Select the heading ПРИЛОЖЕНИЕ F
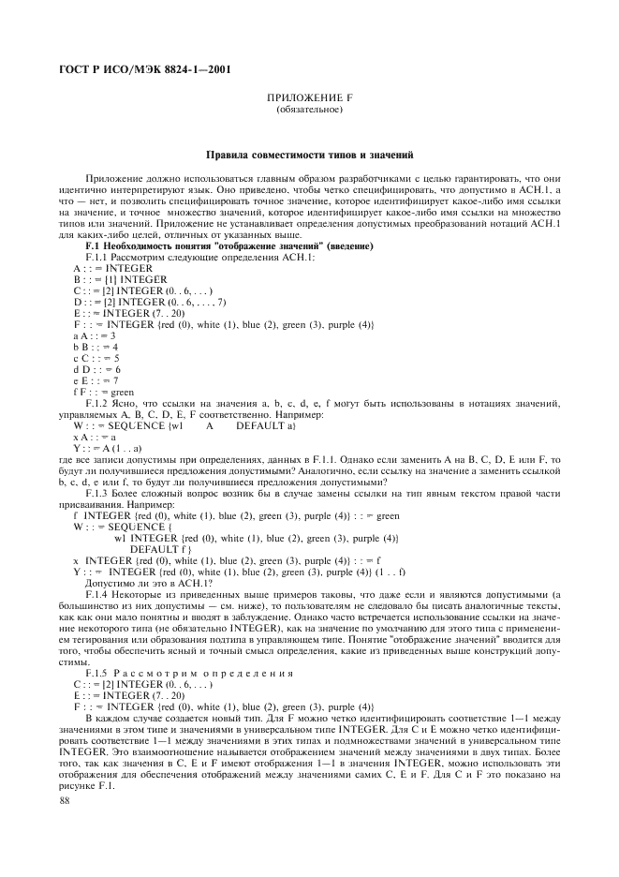tap(309, 97)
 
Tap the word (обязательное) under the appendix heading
tap(309, 109)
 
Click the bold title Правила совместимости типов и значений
tap(309, 154)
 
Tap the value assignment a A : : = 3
tap(95, 334)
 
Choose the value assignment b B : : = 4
tap(95, 346)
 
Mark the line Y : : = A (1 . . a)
tap(108, 446)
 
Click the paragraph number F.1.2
tap(97, 402)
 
